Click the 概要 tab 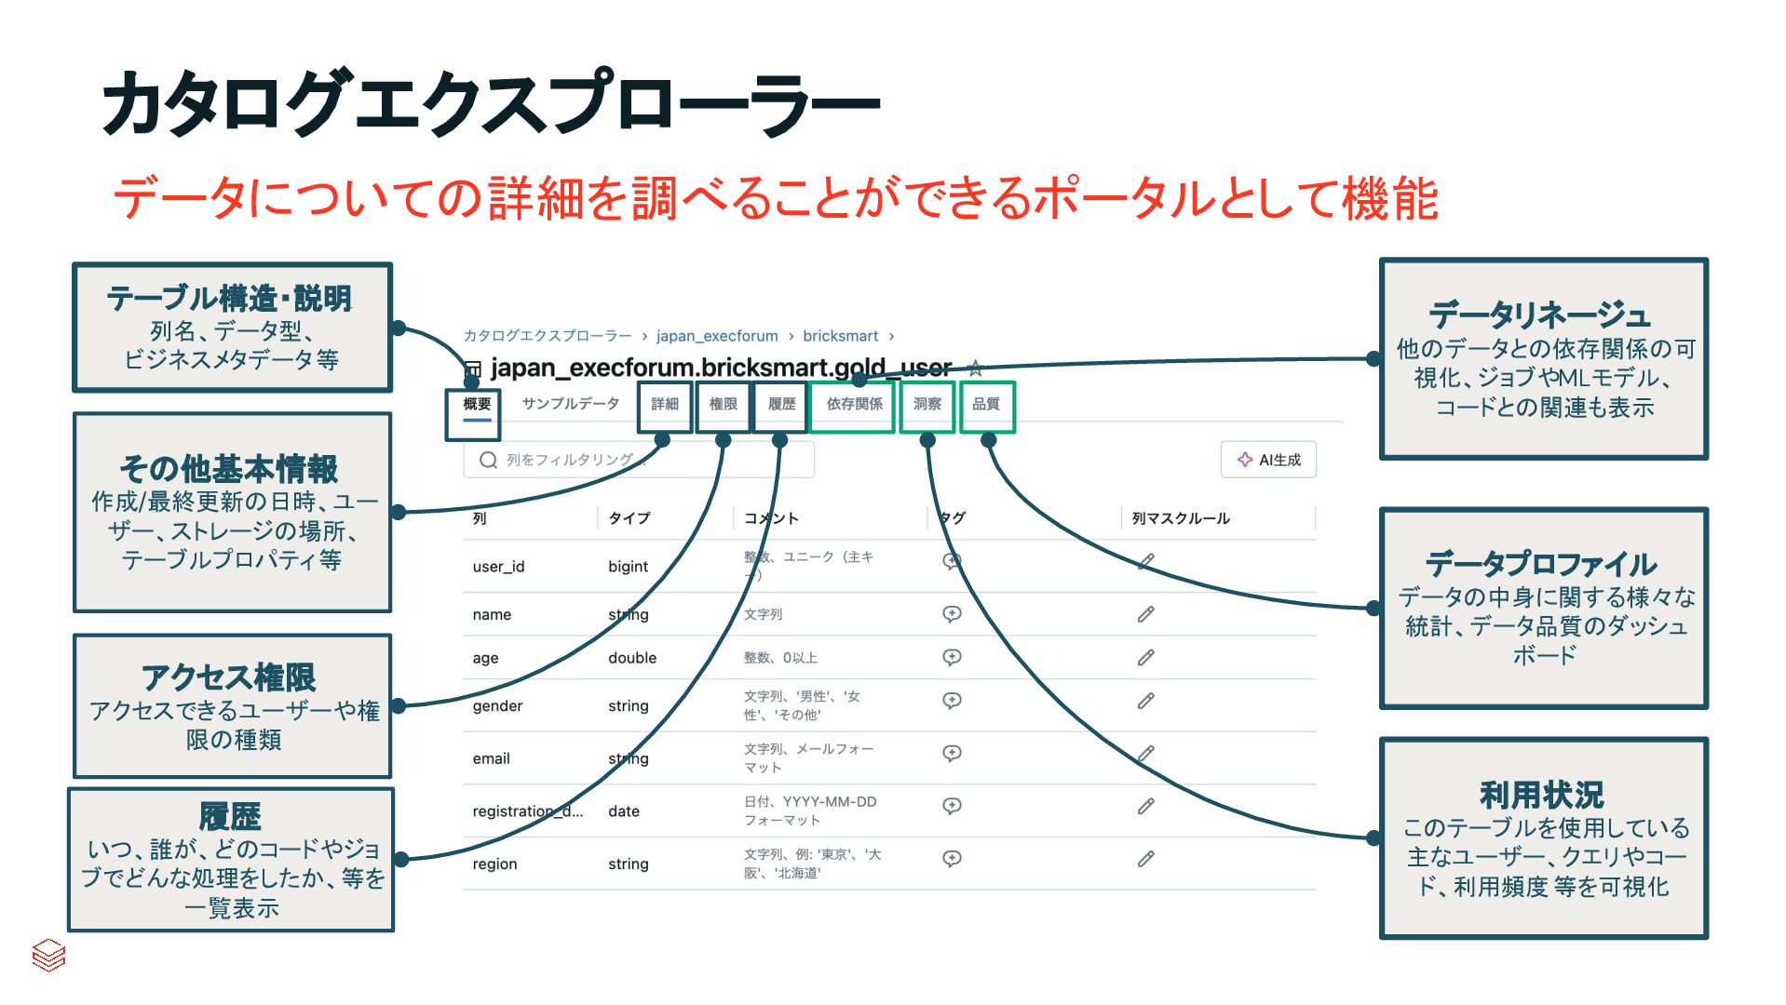(476, 404)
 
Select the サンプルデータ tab (570, 404)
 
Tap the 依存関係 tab (854, 404)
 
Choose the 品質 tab (985, 404)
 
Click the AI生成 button (1268, 460)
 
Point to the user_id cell (498, 567)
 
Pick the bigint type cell (628, 567)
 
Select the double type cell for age (632, 658)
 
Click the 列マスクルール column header (1181, 518)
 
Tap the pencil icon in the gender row (1145, 701)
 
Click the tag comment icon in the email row (952, 753)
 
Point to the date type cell (624, 811)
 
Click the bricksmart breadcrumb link (840, 336)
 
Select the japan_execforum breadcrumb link (716, 336)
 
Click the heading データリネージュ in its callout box (1540, 315)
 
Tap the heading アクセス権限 (229, 677)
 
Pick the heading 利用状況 (1542, 795)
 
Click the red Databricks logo (48, 955)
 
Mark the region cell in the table (494, 864)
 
